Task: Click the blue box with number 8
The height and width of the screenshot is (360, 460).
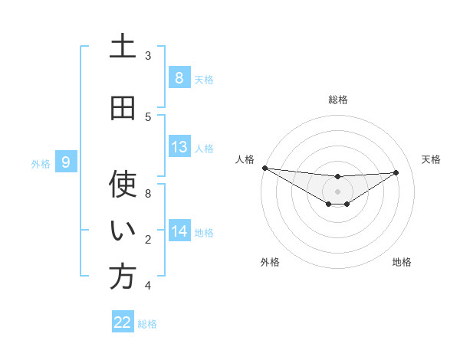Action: (x=179, y=78)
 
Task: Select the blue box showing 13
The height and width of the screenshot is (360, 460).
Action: (x=179, y=147)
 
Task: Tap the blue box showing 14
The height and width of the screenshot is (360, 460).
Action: (x=179, y=231)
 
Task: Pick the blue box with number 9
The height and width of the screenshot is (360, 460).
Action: (x=66, y=162)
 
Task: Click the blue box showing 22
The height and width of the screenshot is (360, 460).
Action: (x=123, y=322)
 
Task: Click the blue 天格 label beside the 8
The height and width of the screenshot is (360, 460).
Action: (x=204, y=79)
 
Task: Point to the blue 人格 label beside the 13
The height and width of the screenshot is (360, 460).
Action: (x=204, y=148)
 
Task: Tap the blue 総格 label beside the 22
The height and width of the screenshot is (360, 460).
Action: (x=147, y=323)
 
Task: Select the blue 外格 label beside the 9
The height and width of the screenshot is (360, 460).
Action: (x=40, y=163)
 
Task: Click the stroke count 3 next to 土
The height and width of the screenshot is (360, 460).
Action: (x=147, y=55)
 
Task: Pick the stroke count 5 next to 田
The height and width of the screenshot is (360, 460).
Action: (x=147, y=116)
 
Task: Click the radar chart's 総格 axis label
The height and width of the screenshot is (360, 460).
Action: (x=337, y=100)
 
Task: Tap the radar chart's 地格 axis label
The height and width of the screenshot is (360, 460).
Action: (x=402, y=262)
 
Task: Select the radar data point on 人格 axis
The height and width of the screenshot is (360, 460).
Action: (x=264, y=168)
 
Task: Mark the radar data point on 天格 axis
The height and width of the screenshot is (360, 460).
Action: (x=396, y=172)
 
